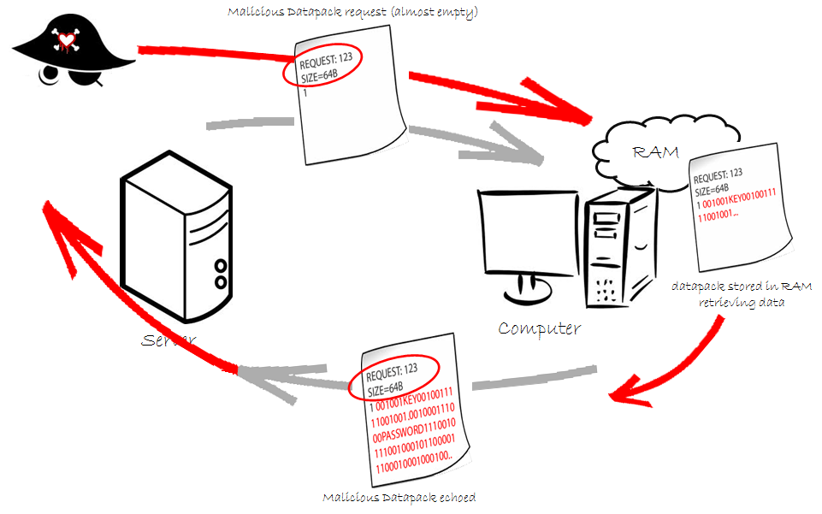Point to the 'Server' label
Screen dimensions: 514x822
click(169, 340)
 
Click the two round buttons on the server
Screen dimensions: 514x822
click(221, 273)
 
